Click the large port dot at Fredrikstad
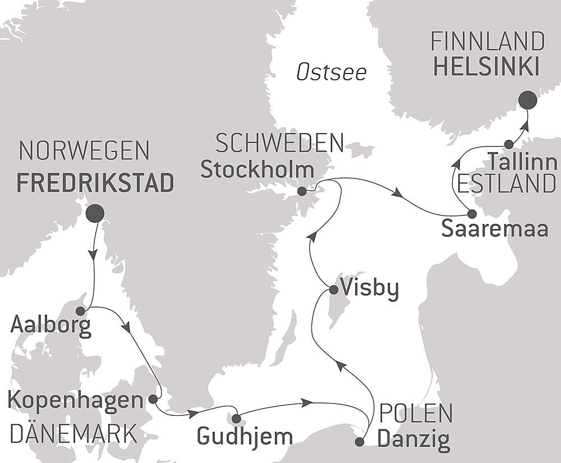pyautogui.click(x=95, y=213)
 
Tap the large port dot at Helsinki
pyautogui.click(x=527, y=100)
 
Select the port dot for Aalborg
pyautogui.click(x=80, y=311)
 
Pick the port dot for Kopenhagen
pyautogui.click(x=153, y=399)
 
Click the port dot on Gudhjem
pyautogui.click(x=236, y=419)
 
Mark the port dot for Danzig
pyautogui.click(x=360, y=442)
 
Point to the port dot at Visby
pyautogui.click(x=333, y=290)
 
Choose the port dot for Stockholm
pyautogui.click(x=302, y=191)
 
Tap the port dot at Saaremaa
pyautogui.click(x=472, y=214)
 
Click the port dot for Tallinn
pyautogui.click(x=508, y=144)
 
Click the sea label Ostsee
pyautogui.click(x=331, y=72)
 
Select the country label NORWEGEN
pyautogui.click(x=84, y=150)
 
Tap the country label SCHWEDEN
pyautogui.click(x=279, y=144)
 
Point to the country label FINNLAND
pyautogui.click(x=488, y=42)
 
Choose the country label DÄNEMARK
pyautogui.click(x=73, y=434)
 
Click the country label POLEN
pyautogui.click(x=416, y=414)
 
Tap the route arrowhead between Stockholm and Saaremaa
pyautogui.click(x=397, y=193)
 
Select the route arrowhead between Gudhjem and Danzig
pyautogui.click(x=306, y=402)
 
